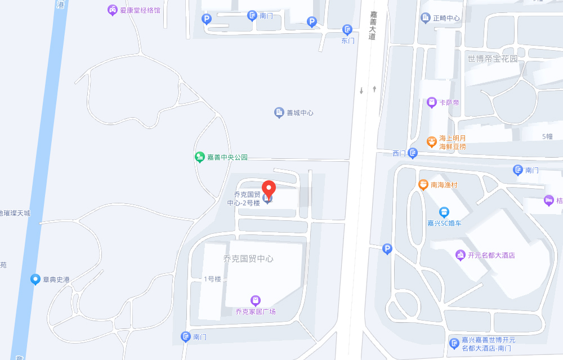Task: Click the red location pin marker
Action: tap(269, 189)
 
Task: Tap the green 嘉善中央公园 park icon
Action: tap(199, 157)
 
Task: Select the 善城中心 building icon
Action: tap(279, 113)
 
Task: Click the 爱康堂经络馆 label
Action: tap(140, 10)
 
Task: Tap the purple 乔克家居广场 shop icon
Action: tap(256, 300)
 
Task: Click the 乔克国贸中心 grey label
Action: tap(248, 259)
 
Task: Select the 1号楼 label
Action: tap(212, 279)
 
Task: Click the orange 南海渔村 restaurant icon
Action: tap(423, 185)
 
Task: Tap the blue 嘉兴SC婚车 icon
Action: tap(444, 212)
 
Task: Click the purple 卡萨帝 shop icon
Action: tap(432, 103)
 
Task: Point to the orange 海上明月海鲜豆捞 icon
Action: tap(432, 142)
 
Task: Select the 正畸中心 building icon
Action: tap(426, 18)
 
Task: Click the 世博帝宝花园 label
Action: tap(492, 59)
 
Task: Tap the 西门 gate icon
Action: tap(413, 153)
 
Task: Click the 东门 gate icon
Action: tap(347, 29)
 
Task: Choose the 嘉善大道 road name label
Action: tap(372, 25)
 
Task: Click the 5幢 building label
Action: tap(547, 136)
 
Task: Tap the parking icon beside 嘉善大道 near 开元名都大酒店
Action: tap(387, 248)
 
